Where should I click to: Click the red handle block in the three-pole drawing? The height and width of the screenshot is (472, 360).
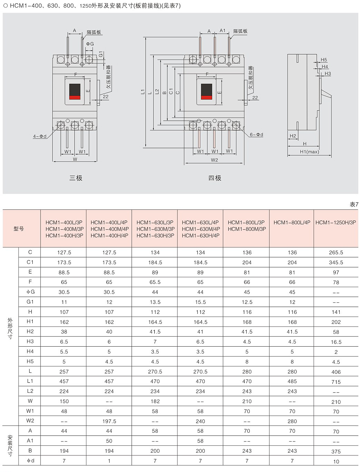coord(75,97)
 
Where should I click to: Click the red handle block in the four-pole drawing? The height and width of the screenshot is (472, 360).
coord(206,97)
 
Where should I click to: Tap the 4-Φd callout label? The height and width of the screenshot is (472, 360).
coord(40,136)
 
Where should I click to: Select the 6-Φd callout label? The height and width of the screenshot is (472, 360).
coord(256,135)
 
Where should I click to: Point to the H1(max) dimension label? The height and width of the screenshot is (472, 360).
coord(309,152)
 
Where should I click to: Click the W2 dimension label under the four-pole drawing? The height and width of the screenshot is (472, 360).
coord(214,160)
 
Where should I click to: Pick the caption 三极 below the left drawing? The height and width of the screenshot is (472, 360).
coord(76,178)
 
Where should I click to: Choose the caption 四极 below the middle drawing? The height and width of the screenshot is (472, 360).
coord(215,178)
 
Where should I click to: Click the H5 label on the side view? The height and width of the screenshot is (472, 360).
coord(324,60)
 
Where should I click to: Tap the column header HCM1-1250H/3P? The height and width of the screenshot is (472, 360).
coord(335,222)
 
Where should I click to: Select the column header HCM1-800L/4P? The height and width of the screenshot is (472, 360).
coord(292,222)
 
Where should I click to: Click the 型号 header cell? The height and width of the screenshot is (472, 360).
coord(19,228)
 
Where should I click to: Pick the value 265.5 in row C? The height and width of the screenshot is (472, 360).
coord(336,252)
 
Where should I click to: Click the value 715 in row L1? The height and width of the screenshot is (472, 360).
coord(336,382)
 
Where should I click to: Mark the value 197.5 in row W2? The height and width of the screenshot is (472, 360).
coord(109,421)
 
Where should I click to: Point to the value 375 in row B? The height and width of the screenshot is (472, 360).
coord(336,452)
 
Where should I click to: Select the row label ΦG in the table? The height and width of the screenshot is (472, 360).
coord(30,292)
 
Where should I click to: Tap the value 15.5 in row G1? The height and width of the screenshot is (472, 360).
coord(200,302)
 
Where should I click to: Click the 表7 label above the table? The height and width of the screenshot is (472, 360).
coord(354,204)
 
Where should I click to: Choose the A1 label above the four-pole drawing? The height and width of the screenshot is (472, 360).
coord(223,30)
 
